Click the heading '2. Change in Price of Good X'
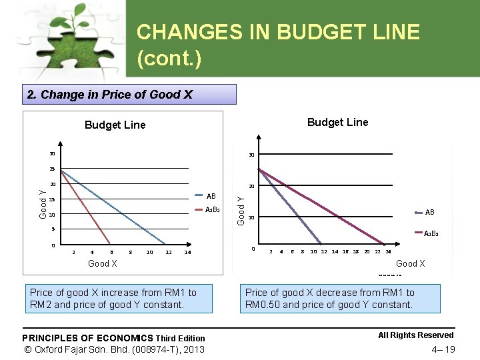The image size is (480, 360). coord(110,95)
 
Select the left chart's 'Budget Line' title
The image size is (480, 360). coord(115,125)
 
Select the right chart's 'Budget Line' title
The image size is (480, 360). coord(337,122)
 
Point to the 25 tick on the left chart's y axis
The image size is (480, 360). coord(51,169)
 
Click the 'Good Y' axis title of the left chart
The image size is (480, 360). coord(43,203)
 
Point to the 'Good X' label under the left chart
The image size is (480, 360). coord(103,264)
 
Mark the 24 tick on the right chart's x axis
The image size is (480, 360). coord(388,252)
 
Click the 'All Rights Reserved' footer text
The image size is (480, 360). coord(415,335)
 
